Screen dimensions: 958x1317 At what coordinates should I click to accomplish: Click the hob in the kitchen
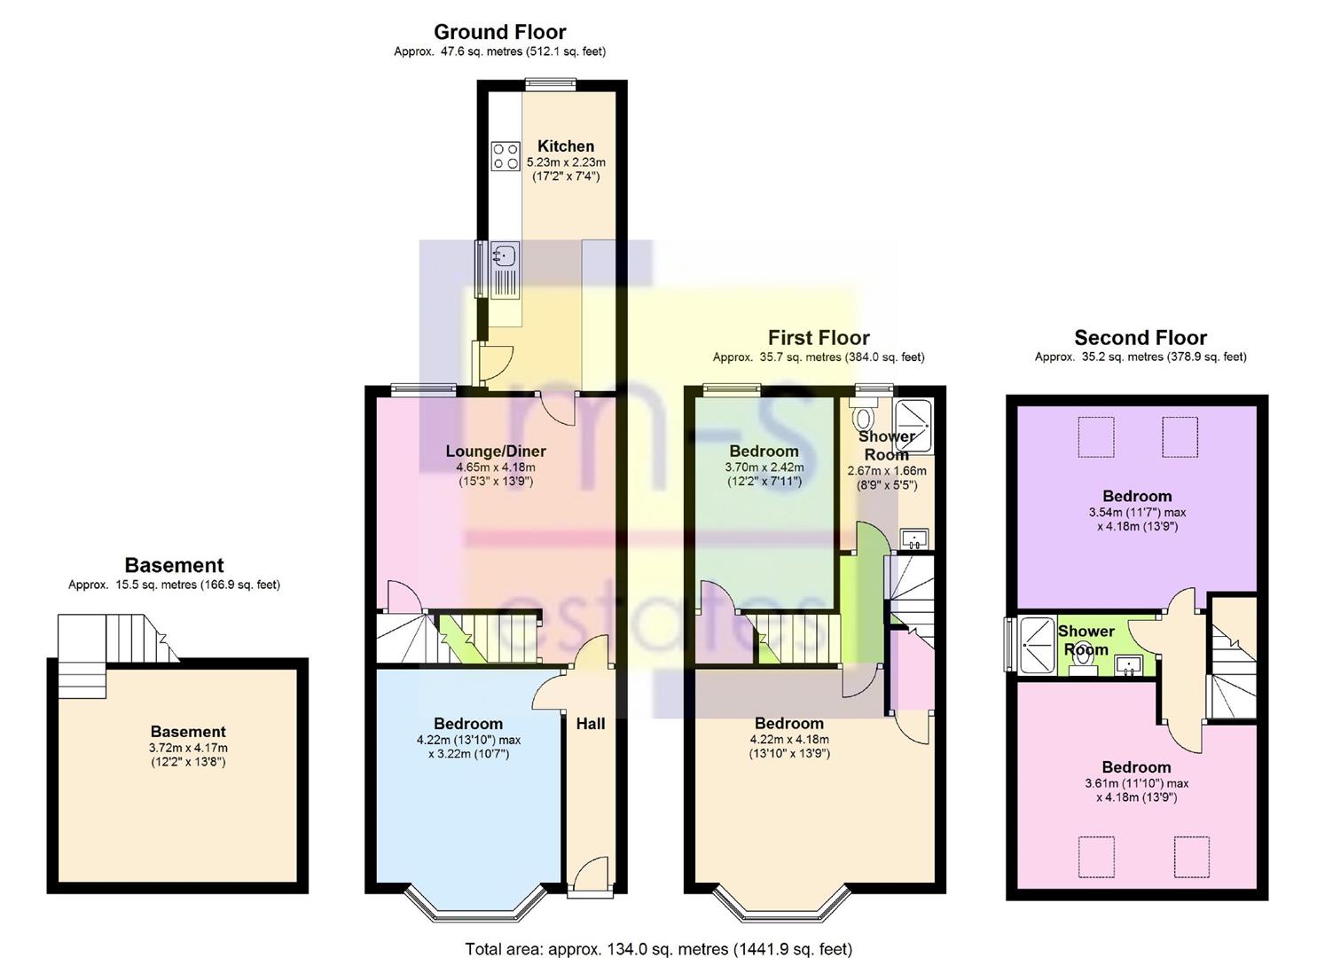coord(506,157)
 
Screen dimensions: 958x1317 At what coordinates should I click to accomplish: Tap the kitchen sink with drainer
coord(506,271)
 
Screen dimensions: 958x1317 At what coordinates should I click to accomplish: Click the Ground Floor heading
coord(499,33)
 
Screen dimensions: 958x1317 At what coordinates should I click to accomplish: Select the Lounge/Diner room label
coord(496,452)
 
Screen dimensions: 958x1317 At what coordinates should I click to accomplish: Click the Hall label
coord(591,724)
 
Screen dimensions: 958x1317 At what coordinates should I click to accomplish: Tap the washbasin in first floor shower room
coord(913,538)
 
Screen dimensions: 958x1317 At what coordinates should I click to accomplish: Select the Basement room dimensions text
coord(188,755)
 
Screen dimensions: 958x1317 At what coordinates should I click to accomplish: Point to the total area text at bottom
coord(658,949)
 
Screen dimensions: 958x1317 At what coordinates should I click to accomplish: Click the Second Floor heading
coord(1140,338)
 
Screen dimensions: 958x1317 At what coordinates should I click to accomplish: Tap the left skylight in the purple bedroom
coord(1094,437)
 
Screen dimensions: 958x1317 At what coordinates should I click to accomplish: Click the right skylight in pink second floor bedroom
coord(1191,856)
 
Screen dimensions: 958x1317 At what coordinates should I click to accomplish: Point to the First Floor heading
coord(818,338)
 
